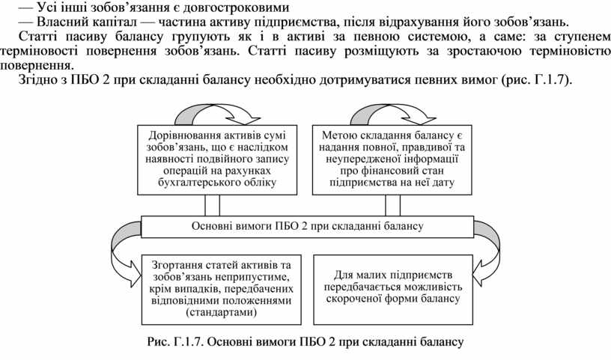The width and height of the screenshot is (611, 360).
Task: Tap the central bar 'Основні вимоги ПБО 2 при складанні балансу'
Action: [307, 225]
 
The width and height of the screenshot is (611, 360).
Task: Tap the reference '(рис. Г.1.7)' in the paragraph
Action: [535, 80]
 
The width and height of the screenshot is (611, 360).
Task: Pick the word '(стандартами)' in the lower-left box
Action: [214, 312]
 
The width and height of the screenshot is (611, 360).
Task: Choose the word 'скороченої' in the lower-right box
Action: [353, 299]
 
